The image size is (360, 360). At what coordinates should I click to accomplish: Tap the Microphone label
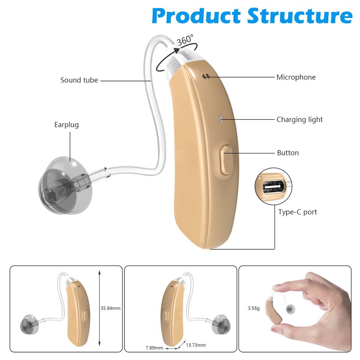(x=296, y=77)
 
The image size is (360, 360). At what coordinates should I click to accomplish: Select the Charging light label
(x=299, y=120)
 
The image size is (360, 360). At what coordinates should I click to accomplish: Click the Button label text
(x=288, y=153)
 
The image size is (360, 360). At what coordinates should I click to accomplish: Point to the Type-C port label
(x=297, y=212)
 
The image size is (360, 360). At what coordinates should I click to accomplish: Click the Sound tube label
(x=79, y=80)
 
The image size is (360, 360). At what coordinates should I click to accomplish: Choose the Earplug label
(x=66, y=125)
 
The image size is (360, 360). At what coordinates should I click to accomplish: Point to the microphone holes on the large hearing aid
(x=205, y=76)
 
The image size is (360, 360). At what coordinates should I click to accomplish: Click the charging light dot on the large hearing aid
(x=220, y=119)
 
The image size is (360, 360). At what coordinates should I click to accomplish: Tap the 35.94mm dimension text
(x=111, y=308)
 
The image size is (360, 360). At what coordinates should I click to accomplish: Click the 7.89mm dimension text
(x=154, y=348)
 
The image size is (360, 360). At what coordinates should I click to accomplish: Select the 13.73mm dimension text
(x=196, y=345)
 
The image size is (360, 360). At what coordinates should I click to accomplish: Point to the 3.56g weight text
(x=253, y=309)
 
